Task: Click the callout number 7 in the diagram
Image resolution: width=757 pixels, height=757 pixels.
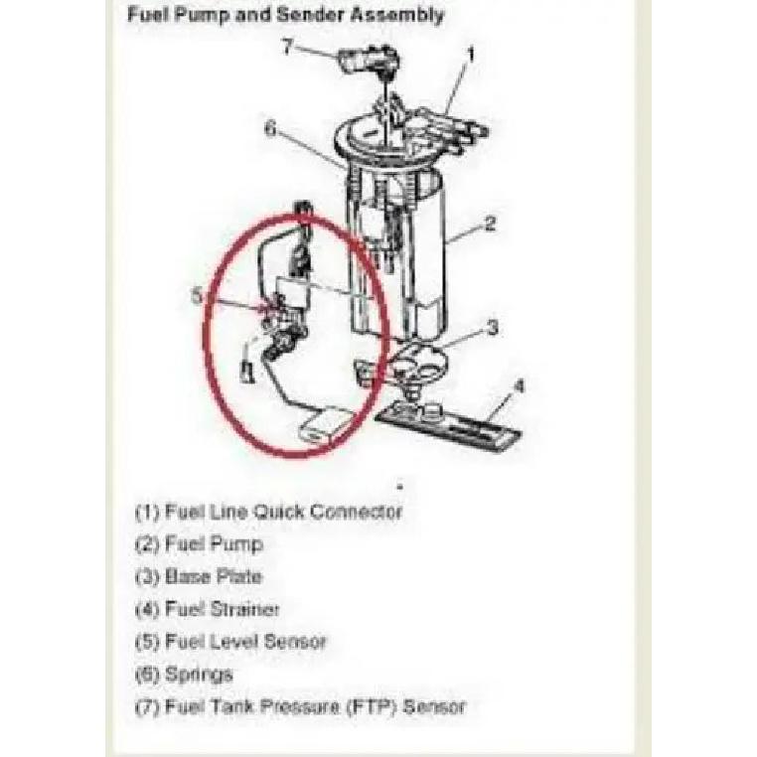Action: coord(288,47)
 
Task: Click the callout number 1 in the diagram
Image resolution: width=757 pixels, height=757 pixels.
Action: coord(470,54)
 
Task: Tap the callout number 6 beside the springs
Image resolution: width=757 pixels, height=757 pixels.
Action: coord(271,129)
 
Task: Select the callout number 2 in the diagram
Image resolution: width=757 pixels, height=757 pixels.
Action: coord(490,224)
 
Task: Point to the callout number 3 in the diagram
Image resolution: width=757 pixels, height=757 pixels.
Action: coord(492,328)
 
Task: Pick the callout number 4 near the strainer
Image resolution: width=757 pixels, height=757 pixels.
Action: coord(519,386)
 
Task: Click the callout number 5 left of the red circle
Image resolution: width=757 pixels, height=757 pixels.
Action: coord(197,295)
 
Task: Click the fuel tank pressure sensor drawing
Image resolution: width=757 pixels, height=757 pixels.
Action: coord(370,61)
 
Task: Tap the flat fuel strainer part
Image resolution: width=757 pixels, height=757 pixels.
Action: coord(450,425)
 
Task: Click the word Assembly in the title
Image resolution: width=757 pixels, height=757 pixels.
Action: coord(396,15)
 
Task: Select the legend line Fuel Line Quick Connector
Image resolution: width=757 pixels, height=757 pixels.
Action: coord(268,513)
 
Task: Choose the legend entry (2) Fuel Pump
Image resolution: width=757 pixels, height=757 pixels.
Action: coord(200,544)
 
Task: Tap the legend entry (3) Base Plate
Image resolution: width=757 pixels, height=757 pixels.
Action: coord(199,577)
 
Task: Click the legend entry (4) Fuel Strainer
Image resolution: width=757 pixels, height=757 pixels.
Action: coord(207,609)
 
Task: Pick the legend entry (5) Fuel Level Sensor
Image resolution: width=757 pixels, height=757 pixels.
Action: coord(230,642)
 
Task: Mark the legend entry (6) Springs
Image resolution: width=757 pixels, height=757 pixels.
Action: coord(184,675)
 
